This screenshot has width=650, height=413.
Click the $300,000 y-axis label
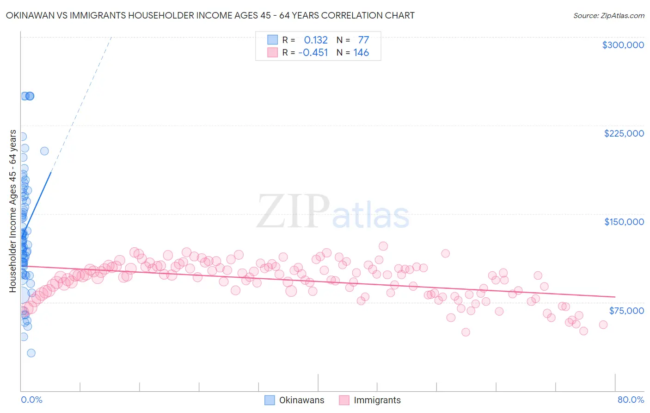623,45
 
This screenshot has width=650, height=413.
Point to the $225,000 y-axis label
624,133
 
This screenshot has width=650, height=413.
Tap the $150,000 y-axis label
624,222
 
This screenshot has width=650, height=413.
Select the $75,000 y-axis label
626,310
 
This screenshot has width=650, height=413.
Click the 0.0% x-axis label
31,400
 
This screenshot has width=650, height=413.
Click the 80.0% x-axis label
631,400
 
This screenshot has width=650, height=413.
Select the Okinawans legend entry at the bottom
301,400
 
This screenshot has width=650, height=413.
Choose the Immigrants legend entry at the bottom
377,400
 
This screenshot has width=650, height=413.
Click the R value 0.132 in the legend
316,40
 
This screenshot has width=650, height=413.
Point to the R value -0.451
313,53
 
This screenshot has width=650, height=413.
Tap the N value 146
361,53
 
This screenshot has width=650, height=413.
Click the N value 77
363,40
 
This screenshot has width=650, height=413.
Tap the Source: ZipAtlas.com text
608,16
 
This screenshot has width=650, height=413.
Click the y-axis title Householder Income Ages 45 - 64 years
12,211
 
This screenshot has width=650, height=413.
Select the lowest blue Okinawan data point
31,353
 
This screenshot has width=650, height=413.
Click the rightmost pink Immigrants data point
603,325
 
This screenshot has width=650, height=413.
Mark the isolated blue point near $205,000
44,151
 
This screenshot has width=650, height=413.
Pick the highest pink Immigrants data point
383,246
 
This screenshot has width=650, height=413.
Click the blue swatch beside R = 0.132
273,40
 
